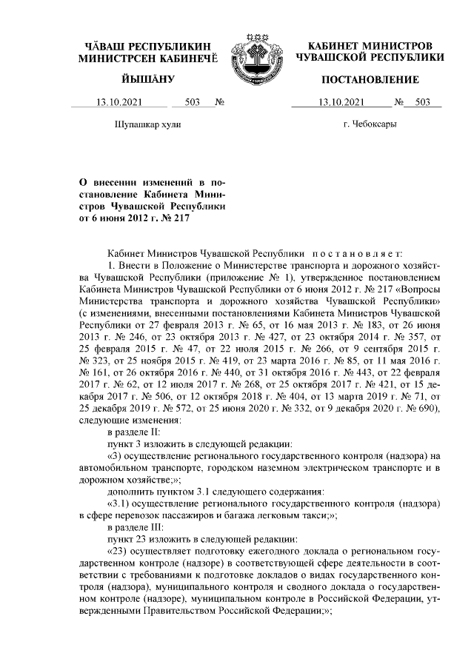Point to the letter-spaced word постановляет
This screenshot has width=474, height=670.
pyautogui.click(x=362, y=252)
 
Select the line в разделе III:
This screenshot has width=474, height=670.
pyautogui.click(x=136, y=529)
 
